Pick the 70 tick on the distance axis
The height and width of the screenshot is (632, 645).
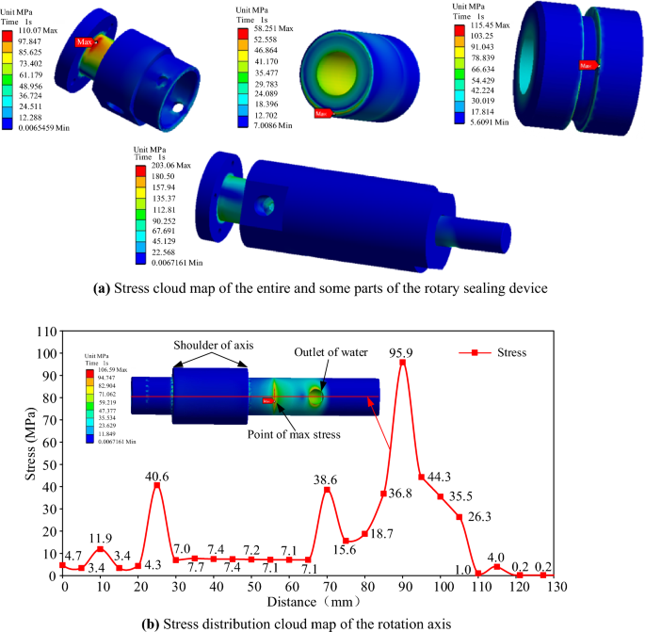coord(328,587)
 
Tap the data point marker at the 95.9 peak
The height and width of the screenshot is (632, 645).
coord(403,363)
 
